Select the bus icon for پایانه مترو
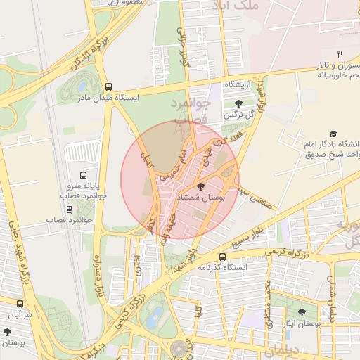[x=84, y=175]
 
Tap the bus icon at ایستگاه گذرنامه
[x=223, y=257]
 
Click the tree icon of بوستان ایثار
[x=302, y=312]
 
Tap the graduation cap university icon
[x=333, y=134]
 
